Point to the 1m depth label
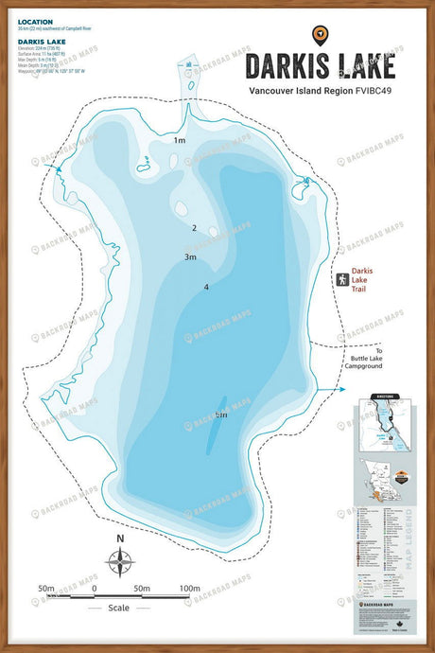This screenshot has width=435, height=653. click(x=180, y=140)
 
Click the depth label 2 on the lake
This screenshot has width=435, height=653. click(x=194, y=228)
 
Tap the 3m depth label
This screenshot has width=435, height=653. click(x=190, y=256)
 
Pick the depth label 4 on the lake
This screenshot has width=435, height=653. click(x=205, y=287)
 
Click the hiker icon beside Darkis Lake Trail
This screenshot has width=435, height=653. click(x=341, y=279)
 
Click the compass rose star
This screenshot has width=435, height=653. click(x=120, y=563)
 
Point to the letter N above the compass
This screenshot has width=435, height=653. click(x=120, y=538)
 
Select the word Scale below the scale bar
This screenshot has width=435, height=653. click(x=119, y=608)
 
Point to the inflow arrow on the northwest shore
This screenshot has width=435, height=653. click(x=58, y=168)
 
